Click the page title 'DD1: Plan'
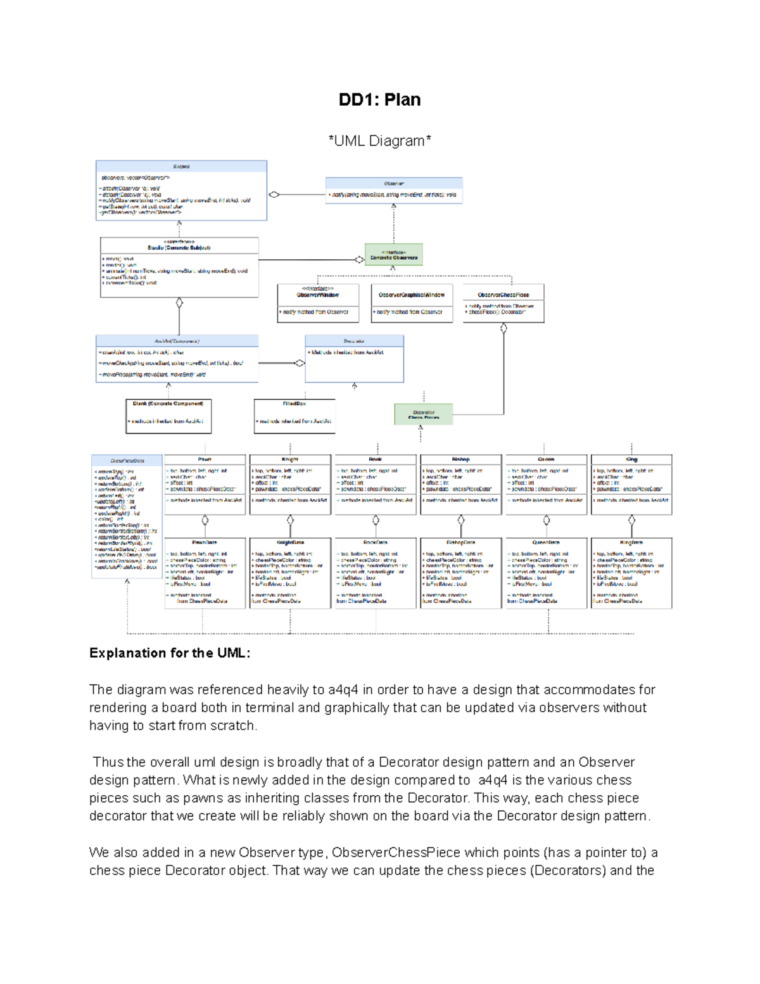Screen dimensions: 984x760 point(379,99)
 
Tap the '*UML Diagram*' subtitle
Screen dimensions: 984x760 point(379,141)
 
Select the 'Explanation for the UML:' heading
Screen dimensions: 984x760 point(170,653)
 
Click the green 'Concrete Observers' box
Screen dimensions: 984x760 point(393,255)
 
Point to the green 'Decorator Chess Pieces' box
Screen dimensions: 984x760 point(424,414)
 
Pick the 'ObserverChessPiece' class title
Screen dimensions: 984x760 point(503,295)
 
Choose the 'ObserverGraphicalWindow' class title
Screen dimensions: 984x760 point(412,295)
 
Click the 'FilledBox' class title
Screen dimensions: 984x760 point(294,403)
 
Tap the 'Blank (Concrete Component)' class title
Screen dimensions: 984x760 point(168,403)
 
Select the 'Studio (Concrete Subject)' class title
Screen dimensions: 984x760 point(179,247)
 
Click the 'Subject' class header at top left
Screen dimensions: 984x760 point(181,167)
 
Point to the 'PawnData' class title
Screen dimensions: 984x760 point(205,542)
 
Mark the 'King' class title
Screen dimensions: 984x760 point(631,459)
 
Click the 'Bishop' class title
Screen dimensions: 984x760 point(460,459)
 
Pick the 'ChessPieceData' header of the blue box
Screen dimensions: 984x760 point(127,461)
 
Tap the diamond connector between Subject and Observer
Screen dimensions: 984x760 point(274,195)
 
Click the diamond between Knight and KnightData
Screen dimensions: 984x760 point(290,520)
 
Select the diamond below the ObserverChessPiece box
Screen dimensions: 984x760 point(503,328)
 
